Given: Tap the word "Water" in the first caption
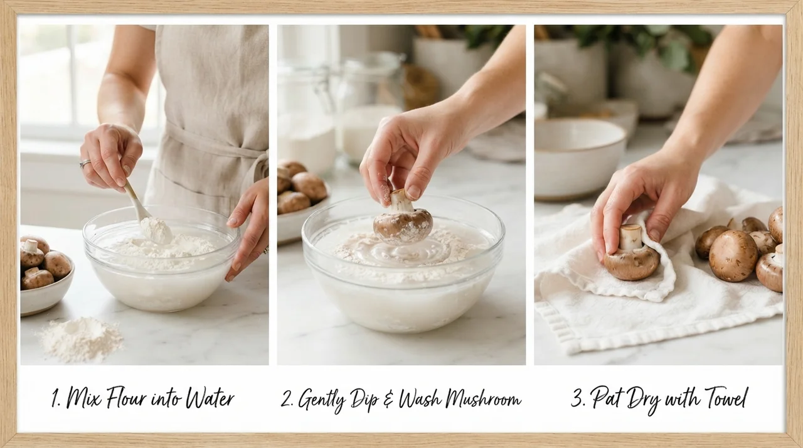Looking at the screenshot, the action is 210,397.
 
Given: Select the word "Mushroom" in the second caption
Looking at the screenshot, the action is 483,398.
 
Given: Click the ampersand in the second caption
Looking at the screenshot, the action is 388,400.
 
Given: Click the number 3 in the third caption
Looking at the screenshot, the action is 577,398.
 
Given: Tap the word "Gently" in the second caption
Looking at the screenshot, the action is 321,400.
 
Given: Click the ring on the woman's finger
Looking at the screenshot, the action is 85,163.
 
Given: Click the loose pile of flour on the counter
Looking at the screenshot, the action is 82,339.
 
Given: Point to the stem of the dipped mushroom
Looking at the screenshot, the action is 400,200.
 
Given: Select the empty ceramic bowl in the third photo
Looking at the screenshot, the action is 579,158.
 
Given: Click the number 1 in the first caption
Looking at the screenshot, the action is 56,398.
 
